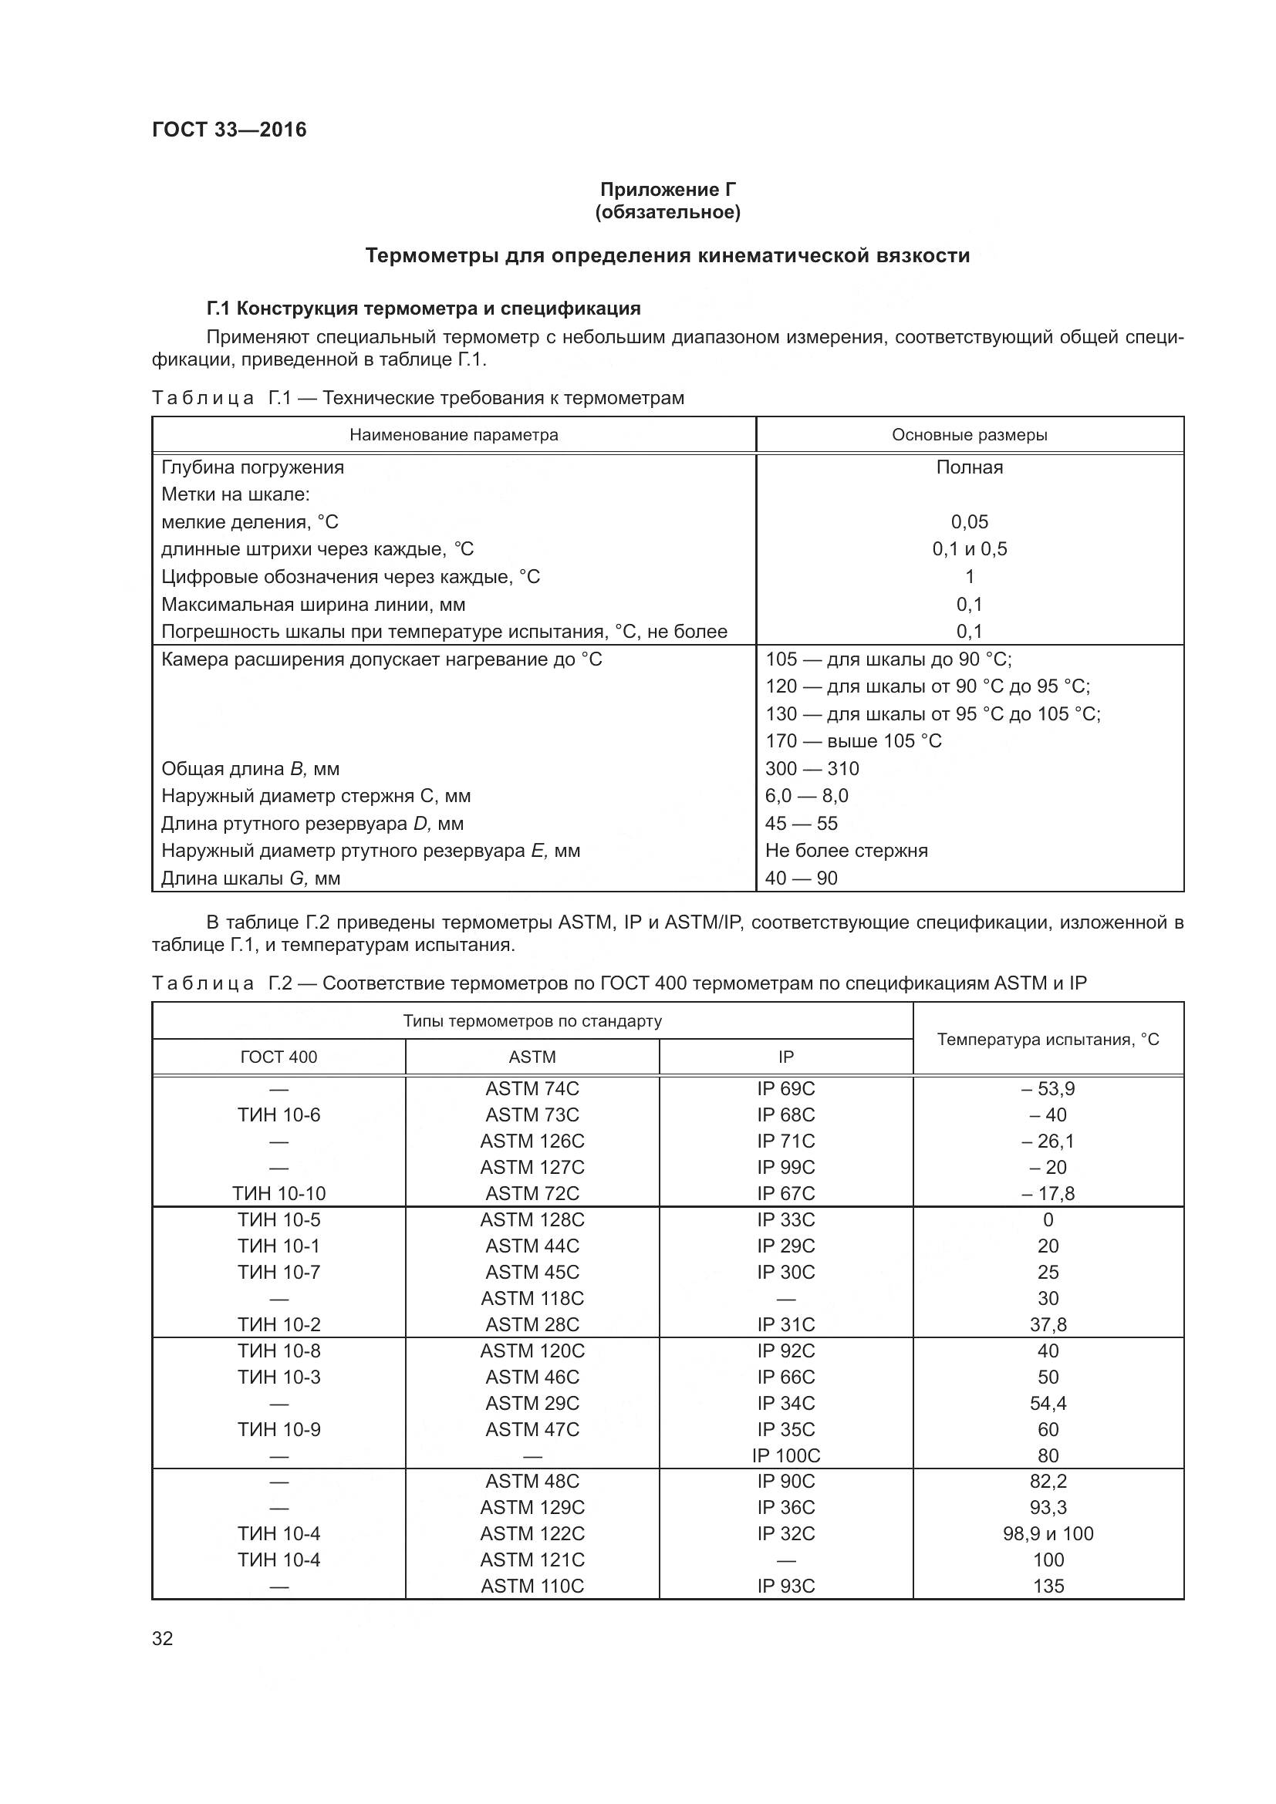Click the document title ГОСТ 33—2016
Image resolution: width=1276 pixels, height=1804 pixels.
[x=228, y=130]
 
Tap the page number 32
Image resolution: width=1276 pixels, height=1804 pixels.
[x=163, y=1638]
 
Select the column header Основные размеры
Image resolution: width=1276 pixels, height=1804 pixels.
[x=969, y=434]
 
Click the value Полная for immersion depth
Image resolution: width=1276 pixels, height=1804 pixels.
[x=969, y=467]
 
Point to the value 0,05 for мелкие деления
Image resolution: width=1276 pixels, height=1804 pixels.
[x=969, y=521]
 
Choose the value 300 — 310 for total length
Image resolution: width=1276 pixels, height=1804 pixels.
[x=812, y=768]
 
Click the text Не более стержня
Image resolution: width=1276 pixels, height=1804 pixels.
[x=846, y=850]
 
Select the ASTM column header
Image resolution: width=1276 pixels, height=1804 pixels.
[x=532, y=1057]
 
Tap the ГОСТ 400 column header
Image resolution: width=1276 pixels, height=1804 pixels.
[x=279, y=1057]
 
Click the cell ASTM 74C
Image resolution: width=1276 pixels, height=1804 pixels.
[x=532, y=1088]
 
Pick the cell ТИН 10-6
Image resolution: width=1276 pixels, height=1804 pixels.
[x=279, y=1115]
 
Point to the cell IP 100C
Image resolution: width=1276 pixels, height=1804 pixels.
[x=785, y=1455]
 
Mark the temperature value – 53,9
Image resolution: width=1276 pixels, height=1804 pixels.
[x=1048, y=1088]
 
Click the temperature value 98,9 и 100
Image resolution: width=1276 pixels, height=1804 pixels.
[x=1048, y=1533]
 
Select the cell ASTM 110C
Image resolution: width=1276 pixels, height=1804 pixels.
[x=532, y=1586]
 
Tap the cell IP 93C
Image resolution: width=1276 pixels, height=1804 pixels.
[x=785, y=1586]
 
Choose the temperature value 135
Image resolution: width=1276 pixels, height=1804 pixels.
[x=1048, y=1586]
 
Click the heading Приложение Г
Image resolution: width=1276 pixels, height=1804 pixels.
[x=668, y=190]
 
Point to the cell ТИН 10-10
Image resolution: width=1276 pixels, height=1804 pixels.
[x=279, y=1193]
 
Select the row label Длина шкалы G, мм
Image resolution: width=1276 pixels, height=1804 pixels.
[x=251, y=878]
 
